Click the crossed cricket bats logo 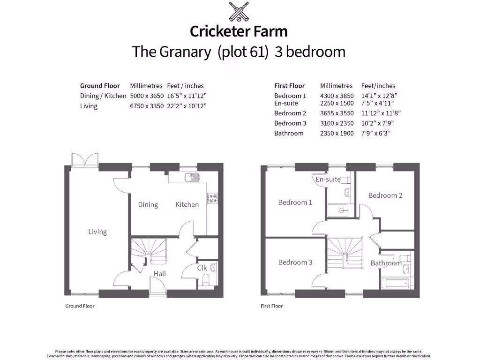coord(239,12)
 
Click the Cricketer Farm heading coord(239,31)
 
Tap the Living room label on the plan coord(97,232)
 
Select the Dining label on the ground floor coord(148,204)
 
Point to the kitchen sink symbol coord(192,178)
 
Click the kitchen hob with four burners coord(212,198)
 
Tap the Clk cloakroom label coord(202,268)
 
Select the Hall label coord(160,274)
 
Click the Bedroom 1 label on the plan coord(295,202)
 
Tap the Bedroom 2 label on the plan coord(385,195)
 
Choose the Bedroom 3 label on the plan coord(295,262)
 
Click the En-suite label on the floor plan coord(328,180)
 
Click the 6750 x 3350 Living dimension coord(147,106)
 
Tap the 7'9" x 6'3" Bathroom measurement coord(375,133)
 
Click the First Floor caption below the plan coord(271,306)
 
